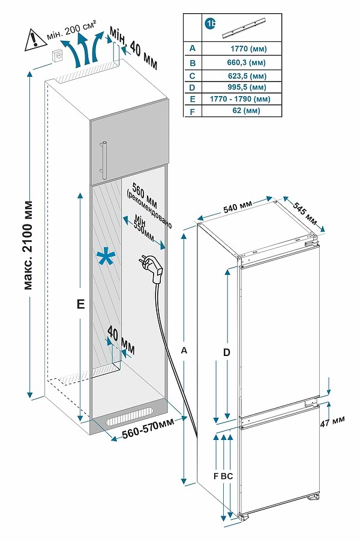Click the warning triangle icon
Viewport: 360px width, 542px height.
[31, 40]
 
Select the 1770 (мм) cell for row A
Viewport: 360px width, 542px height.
[248, 49]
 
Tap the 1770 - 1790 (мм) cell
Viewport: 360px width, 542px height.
[248, 99]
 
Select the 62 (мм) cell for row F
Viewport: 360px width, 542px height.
[248, 111]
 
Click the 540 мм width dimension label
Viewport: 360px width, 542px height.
[238, 209]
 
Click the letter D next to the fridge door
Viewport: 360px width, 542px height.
[227, 353]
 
